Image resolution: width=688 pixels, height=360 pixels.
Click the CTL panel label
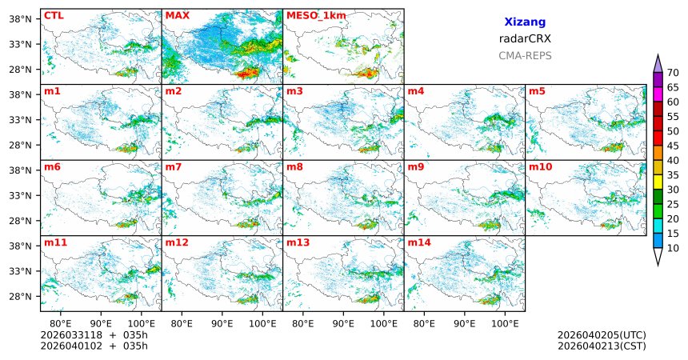(x=54, y=15)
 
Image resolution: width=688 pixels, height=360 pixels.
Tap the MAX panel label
(x=177, y=15)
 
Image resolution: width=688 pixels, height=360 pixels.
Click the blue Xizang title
(x=525, y=23)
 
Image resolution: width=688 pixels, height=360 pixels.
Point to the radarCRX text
(x=525, y=38)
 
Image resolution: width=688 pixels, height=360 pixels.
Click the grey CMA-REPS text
(x=525, y=56)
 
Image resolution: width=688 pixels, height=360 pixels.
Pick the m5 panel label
(x=537, y=91)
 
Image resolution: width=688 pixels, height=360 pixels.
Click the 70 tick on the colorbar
(x=674, y=72)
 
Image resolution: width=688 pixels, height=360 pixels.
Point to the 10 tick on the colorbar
(x=674, y=249)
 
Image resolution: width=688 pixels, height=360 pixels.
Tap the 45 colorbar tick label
(x=674, y=146)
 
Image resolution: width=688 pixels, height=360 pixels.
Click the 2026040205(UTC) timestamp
(x=602, y=334)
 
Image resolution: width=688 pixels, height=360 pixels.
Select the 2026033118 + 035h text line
(x=94, y=334)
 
